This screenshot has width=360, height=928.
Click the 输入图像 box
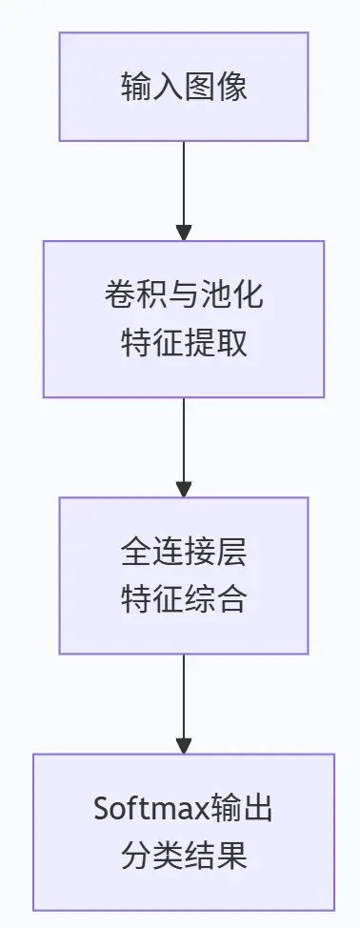click(184, 87)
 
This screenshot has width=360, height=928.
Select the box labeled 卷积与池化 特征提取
click(184, 318)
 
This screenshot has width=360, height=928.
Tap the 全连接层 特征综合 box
click(184, 575)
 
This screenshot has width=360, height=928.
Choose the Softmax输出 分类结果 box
click(184, 832)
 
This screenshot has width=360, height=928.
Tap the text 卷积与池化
click(184, 295)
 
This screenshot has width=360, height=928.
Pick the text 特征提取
click(184, 342)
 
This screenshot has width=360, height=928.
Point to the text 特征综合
click(184, 599)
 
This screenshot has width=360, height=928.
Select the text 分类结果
click(184, 856)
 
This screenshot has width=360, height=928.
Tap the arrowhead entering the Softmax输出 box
click(184, 746)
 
